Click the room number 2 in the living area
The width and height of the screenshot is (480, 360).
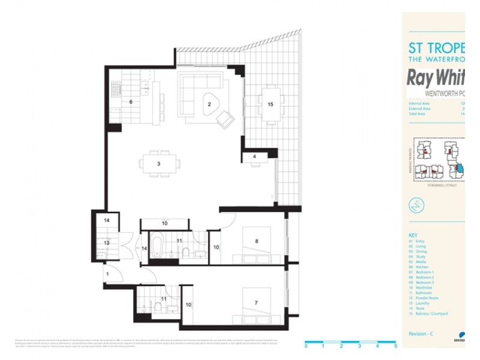click(209, 104)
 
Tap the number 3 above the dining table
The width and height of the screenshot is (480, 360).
click(158, 163)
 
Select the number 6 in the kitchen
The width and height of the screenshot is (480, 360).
click(130, 102)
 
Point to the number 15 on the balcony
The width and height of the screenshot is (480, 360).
click(270, 104)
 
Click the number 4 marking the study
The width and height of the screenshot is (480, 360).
click(254, 157)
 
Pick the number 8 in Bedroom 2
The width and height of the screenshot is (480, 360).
click(257, 241)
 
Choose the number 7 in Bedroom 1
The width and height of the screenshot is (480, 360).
click(256, 303)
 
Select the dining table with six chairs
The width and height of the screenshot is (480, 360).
click(159, 164)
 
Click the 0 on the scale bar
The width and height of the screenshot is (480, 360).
click(306, 346)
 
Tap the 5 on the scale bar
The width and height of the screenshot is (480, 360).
click(395, 346)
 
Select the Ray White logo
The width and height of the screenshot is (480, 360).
click(436, 78)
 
